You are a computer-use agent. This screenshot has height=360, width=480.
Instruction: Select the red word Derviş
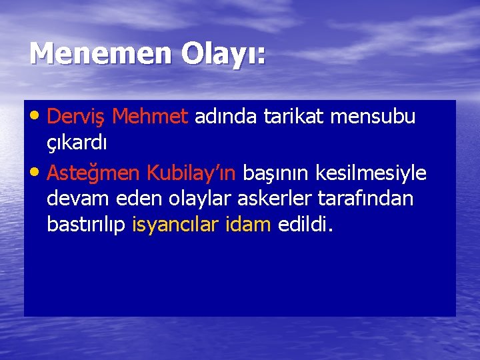click(77, 117)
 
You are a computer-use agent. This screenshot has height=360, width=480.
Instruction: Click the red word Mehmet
click(150, 117)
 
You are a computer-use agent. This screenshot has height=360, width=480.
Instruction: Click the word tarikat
click(296, 117)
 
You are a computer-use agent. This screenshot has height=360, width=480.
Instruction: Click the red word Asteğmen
click(94, 173)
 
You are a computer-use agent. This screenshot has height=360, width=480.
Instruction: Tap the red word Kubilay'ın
click(191, 173)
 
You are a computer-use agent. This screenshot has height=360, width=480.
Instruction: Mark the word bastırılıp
click(86, 225)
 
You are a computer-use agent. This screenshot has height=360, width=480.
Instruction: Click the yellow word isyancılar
click(175, 225)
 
